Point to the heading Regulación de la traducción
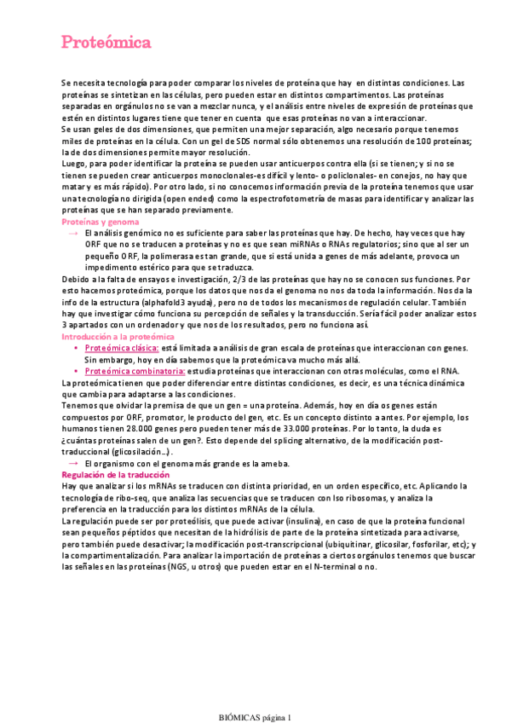tap(112, 474)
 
